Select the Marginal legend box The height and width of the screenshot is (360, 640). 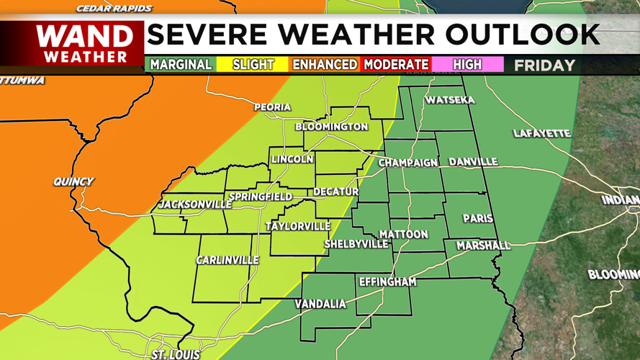click(181, 65)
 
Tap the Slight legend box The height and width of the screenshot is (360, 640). click(253, 65)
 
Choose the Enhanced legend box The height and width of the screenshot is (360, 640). click(324, 65)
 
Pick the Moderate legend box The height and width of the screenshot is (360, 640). click(396, 65)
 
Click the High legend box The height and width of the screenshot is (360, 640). click(467, 65)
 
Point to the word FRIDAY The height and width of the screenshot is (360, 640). click(544, 66)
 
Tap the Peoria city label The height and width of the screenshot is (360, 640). click(272, 108)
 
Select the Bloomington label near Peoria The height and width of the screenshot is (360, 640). click(332, 127)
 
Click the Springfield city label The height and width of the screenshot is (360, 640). click(260, 197)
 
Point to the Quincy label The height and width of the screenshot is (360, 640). click(73, 181)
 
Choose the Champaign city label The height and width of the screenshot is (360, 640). click(408, 163)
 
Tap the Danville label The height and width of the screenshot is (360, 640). click(473, 162)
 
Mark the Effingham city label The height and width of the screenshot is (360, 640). click(387, 282)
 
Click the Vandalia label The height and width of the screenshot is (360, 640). click(320, 304)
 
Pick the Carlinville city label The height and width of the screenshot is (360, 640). click(227, 260)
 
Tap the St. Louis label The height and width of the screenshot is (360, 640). click(176, 355)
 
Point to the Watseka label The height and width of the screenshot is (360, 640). click(450, 100)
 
